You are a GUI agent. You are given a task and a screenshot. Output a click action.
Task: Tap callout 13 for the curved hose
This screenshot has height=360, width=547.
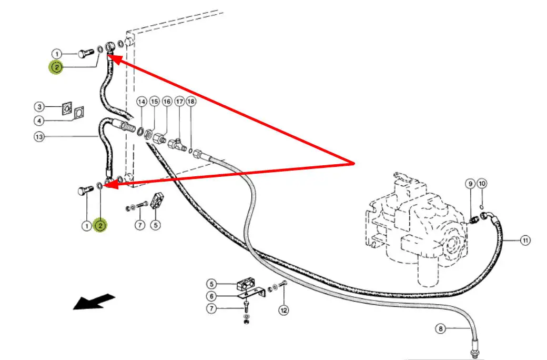pos(39,137)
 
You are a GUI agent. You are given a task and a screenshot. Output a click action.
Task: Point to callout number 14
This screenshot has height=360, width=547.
pos(141,101)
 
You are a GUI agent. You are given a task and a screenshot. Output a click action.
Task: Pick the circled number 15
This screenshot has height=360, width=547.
pos(154,101)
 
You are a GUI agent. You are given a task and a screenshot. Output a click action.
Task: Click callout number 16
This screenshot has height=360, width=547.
pos(166,101)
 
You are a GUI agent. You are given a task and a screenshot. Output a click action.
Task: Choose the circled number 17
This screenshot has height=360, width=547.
pos(179,101)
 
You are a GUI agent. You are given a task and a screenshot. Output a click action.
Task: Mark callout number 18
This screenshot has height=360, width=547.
pos(190,101)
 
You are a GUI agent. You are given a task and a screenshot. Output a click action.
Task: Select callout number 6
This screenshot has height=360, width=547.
pos(211,296)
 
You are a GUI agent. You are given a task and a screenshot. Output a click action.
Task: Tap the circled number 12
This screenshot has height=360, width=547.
pos(284,311)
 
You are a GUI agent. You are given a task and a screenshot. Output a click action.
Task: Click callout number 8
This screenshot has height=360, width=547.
pos(441,329)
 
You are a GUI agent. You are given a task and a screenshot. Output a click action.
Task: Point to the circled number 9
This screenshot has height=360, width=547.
pos(470,184)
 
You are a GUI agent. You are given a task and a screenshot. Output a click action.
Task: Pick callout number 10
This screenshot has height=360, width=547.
pos(482,184)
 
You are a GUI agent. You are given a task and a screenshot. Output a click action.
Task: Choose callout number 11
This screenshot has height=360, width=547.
pos(525,241)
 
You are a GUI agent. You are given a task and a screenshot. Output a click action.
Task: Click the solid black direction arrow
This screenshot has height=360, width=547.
pos(93,302)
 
